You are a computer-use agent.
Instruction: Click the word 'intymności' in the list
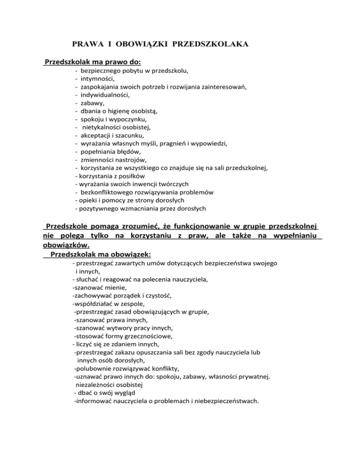(97, 79)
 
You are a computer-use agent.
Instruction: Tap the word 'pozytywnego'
(100, 208)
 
